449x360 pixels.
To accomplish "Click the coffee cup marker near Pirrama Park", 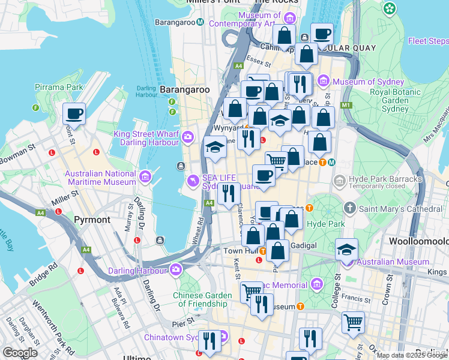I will point(74,113).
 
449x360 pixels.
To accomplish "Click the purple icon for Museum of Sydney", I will point(324,81).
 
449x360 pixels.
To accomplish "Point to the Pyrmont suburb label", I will point(92,220).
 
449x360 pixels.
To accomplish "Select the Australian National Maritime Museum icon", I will point(145,178).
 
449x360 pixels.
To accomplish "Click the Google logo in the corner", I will point(20,352).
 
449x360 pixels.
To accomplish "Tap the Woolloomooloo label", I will point(418,241).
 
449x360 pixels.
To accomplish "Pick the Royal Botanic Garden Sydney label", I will point(388,101).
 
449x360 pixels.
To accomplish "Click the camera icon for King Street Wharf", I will point(188,137).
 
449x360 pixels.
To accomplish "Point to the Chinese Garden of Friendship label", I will point(202,300).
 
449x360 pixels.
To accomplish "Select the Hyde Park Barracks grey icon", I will point(340,180).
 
